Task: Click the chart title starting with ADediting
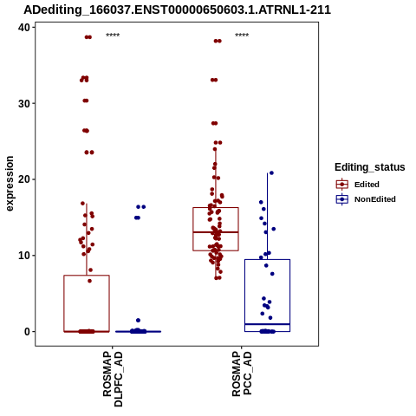(177, 10)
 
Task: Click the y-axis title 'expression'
(10, 184)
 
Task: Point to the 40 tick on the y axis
(24, 28)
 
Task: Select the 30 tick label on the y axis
(24, 103)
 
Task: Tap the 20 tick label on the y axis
(24, 179)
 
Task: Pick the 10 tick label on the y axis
(24, 256)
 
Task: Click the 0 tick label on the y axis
(28, 332)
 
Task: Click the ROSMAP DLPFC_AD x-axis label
(113, 379)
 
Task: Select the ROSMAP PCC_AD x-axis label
(242, 374)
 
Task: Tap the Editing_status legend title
(370, 167)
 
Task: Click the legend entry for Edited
(358, 185)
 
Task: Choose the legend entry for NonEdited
(366, 199)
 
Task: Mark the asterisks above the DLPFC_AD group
(113, 36)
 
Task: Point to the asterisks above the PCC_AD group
(242, 36)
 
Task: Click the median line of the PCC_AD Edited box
(216, 232)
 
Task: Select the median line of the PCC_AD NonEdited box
(267, 324)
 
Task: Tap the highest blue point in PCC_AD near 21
(271, 173)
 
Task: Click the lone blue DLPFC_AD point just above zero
(138, 320)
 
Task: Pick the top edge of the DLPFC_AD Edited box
(87, 276)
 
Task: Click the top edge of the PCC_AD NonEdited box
(267, 259)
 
